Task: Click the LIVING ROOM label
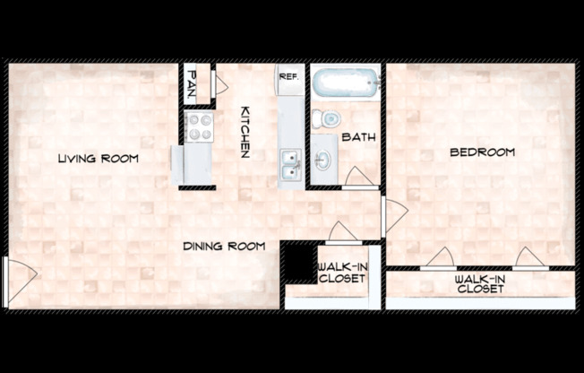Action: (x=98, y=159)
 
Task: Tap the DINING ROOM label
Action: (x=224, y=246)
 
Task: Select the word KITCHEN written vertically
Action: (x=244, y=133)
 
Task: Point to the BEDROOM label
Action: (x=482, y=152)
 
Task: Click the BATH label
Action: (x=358, y=137)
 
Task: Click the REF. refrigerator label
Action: (x=288, y=77)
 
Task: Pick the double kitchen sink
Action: (x=288, y=165)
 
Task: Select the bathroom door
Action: (x=356, y=178)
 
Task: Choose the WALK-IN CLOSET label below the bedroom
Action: (x=480, y=284)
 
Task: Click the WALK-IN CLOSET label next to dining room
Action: (x=341, y=272)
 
